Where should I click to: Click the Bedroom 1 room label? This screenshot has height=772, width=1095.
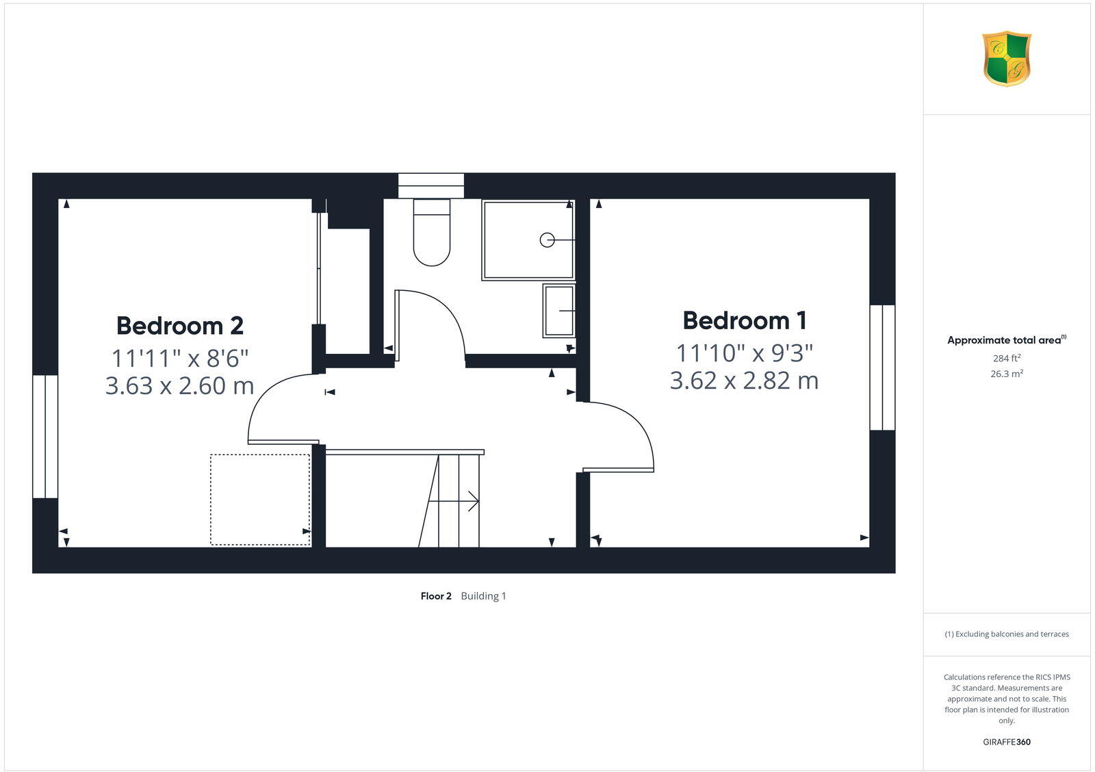click(x=745, y=320)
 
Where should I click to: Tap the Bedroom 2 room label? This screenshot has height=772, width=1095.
click(x=180, y=325)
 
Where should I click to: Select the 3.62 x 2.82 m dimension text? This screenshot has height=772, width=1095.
click(x=744, y=381)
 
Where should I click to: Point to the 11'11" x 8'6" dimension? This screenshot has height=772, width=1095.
click(x=180, y=357)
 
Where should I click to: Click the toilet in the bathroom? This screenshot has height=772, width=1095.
click(x=432, y=233)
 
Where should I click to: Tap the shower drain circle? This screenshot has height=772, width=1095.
click(x=547, y=240)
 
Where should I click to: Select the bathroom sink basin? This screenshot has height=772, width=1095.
click(x=559, y=311)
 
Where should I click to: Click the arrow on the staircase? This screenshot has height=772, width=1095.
click(x=472, y=502)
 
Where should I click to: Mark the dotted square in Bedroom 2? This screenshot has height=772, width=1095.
click(x=260, y=500)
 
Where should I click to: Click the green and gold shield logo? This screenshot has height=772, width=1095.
click(x=1007, y=59)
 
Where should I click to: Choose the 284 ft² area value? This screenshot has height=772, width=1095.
click(x=1007, y=358)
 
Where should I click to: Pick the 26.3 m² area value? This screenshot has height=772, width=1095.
click(x=1007, y=374)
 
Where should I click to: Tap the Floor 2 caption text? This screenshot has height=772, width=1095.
click(x=436, y=596)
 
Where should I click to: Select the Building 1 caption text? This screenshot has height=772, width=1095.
click(x=483, y=596)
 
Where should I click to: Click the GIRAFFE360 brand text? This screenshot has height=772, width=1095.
click(x=1007, y=742)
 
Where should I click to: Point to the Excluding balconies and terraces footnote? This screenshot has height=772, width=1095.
click(x=1007, y=634)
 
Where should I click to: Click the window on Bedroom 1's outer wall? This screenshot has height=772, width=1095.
click(x=882, y=368)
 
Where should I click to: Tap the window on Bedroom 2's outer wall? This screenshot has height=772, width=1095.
click(x=45, y=436)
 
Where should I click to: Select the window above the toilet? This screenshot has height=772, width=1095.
click(x=431, y=185)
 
